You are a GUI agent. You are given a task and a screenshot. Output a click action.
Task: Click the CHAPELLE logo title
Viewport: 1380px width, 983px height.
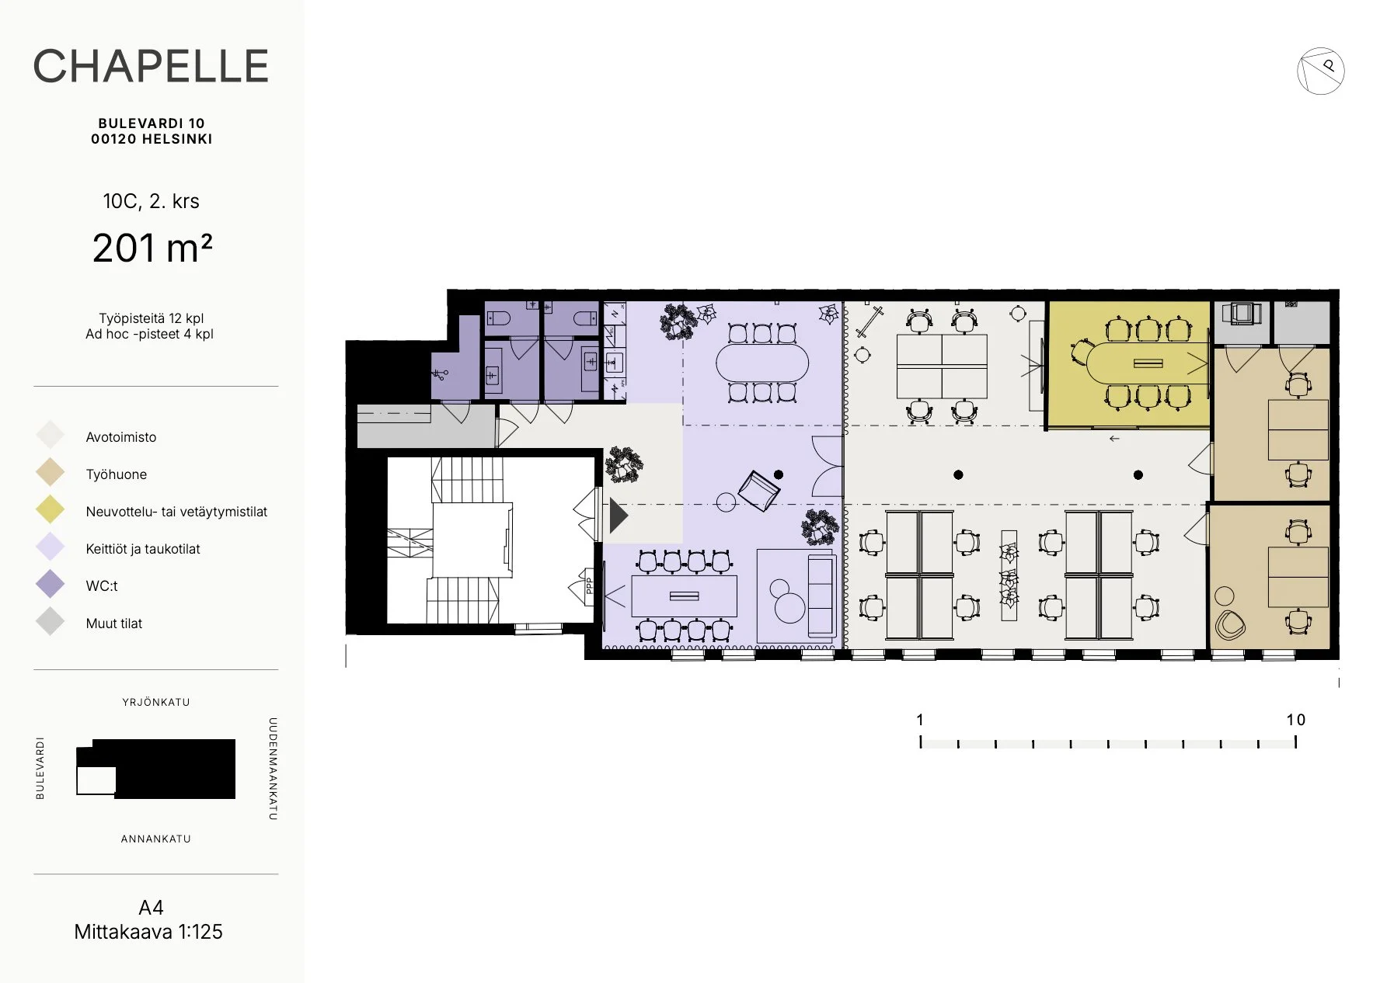(151, 66)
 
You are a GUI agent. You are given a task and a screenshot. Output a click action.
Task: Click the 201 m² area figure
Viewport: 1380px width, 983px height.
(152, 248)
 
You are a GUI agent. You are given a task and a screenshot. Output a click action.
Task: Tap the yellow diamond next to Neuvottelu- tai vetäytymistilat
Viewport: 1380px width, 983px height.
(51, 511)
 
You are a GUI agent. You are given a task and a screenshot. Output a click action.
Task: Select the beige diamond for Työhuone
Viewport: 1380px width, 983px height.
(51, 474)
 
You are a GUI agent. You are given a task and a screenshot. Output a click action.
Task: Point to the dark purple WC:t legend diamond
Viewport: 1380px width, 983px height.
(51, 585)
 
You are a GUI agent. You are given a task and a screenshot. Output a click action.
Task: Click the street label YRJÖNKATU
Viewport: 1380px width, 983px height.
(156, 702)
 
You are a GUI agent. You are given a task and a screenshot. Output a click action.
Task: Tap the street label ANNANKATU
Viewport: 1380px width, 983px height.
(156, 839)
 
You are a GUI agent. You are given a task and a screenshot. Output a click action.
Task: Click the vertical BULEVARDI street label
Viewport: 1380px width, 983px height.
(40, 768)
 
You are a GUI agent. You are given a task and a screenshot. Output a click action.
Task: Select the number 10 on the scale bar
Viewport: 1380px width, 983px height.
(1295, 720)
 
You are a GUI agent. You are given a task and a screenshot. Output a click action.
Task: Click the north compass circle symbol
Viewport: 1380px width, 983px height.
(1320, 71)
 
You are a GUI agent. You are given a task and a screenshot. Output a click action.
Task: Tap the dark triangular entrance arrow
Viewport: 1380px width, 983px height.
(619, 516)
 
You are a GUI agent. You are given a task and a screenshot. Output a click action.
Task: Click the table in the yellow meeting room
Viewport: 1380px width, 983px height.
(1147, 363)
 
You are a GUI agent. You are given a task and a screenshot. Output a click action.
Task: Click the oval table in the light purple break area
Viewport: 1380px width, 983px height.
(762, 363)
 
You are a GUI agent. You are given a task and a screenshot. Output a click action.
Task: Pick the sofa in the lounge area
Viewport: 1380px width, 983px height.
(821, 595)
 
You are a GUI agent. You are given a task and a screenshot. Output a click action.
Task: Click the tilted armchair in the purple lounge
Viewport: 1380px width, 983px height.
(758, 491)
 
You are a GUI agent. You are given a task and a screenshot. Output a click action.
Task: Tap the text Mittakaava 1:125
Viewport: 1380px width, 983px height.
(148, 932)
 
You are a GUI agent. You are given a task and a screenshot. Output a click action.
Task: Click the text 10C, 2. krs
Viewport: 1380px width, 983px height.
(152, 201)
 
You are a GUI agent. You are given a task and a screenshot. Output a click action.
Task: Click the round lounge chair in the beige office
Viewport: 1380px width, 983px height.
(1230, 624)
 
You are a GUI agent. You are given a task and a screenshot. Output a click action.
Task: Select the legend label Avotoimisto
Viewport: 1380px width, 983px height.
(121, 437)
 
